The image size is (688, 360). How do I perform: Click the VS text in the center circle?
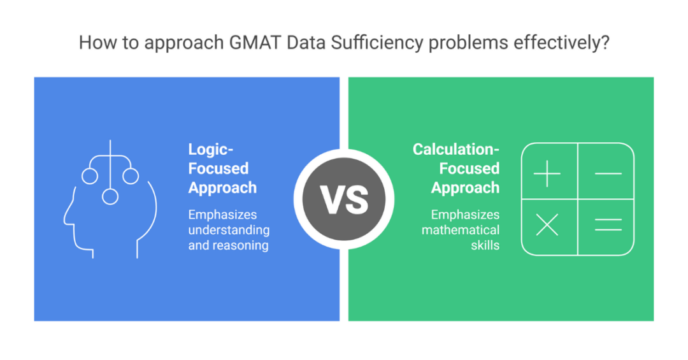coord(344,199)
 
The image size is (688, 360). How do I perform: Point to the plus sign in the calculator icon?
coord(547,173)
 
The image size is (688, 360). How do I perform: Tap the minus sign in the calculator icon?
coord(608,173)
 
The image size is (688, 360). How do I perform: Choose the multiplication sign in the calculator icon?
coord(547,224)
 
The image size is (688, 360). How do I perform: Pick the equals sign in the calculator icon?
coord(608,224)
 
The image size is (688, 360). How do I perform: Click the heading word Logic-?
coord(211,150)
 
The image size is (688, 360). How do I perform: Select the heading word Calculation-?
coord(456,150)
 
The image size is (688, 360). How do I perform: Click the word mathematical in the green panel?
coord(461,229)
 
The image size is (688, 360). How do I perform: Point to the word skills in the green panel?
coord(485,245)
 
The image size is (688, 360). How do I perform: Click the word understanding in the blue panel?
coord(229,229)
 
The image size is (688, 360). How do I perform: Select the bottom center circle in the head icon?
coord(110,197)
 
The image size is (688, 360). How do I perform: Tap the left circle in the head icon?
coord(90,176)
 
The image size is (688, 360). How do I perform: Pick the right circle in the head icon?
coord(131,176)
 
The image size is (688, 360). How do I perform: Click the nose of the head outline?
coord(66,220)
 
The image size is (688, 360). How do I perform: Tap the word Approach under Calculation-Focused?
coord(465,188)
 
